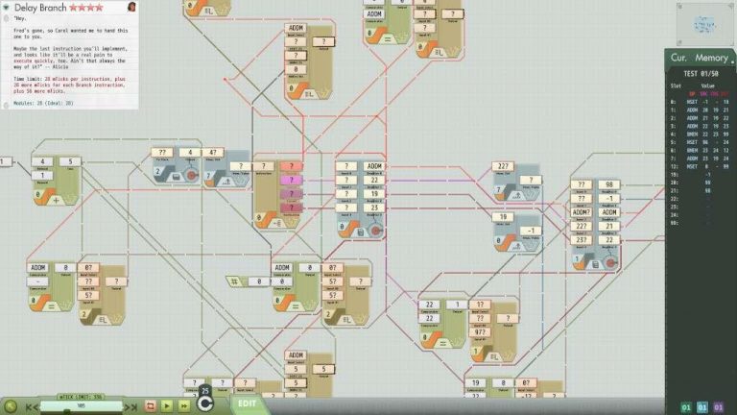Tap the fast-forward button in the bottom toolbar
click(183, 406)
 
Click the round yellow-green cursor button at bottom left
click(10, 406)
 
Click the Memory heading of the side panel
click(712, 59)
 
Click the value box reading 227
click(503, 167)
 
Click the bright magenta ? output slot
click(290, 180)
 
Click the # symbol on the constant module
click(232, 281)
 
